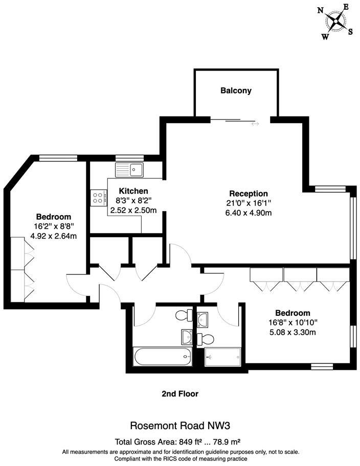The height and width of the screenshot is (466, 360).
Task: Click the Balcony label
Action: click(x=236, y=90)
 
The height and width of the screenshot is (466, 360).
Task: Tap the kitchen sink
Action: click(x=129, y=170)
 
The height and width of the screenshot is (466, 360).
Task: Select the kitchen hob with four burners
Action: click(x=99, y=198)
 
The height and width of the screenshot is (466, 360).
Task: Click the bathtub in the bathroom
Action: click(x=163, y=356)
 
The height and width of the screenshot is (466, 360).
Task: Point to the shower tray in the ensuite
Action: click(x=222, y=357)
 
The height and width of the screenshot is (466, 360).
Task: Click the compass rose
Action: click(x=335, y=21)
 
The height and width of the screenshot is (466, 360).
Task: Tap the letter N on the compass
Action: click(x=321, y=11)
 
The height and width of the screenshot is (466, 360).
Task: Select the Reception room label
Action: click(x=249, y=194)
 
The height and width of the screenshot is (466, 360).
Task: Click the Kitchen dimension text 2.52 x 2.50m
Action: click(x=133, y=211)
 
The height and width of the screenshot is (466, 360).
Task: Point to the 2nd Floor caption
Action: click(x=180, y=394)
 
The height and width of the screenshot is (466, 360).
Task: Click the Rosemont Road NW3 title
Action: click(x=180, y=426)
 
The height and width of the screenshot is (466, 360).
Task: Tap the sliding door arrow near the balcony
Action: click(x=255, y=123)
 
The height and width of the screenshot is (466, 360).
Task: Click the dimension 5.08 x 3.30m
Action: click(x=292, y=332)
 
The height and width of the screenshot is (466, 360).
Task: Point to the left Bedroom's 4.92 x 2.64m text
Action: click(x=54, y=236)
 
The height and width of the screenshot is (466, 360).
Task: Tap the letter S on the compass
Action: click(x=350, y=32)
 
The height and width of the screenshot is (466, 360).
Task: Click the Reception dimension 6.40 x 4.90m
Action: click(x=249, y=213)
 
